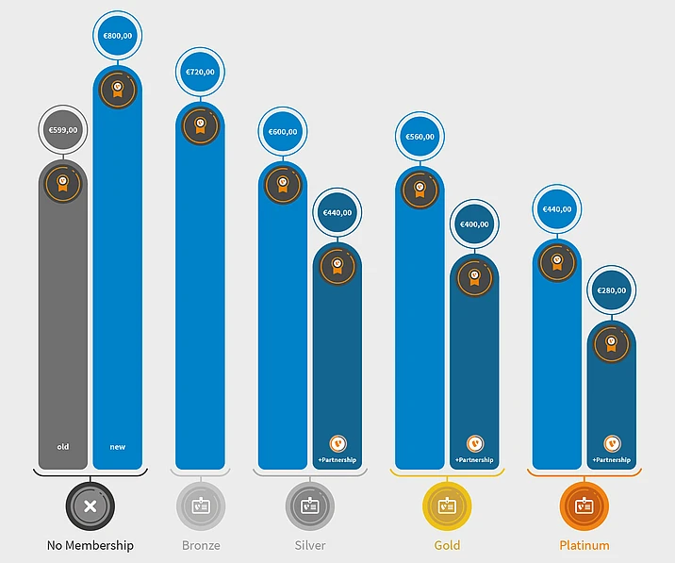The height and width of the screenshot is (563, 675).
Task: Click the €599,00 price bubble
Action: [x=63, y=130]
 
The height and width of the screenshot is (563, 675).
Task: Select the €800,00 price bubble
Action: [x=118, y=36]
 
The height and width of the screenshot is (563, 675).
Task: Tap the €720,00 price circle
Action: [x=200, y=72]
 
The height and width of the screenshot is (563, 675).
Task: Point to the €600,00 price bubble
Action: [x=283, y=132]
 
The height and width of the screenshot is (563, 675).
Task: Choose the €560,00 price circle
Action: [x=420, y=137]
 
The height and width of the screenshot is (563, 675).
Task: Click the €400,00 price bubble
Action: [x=474, y=224]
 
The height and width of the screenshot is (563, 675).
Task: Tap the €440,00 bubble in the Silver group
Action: [x=337, y=213]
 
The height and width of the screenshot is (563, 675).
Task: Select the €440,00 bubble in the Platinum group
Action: [x=556, y=209]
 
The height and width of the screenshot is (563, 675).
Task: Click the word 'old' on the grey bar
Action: [x=63, y=446]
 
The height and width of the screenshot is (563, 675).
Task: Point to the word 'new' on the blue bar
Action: [x=118, y=446]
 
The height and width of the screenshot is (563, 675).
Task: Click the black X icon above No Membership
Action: [x=91, y=506]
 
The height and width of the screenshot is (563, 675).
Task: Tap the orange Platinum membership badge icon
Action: [x=584, y=506]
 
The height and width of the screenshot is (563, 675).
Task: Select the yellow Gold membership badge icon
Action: [x=447, y=506]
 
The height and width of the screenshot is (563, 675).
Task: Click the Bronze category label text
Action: [x=201, y=545]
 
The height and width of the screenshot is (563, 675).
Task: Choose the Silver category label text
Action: [x=310, y=545]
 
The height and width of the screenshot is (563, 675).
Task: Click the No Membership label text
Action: [x=91, y=545]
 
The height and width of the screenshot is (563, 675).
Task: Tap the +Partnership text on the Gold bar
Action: [x=474, y=460]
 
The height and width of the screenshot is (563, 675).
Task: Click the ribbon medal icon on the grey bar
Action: [x=63, y=182]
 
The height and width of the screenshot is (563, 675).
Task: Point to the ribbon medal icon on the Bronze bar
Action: [x=200, y=124]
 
